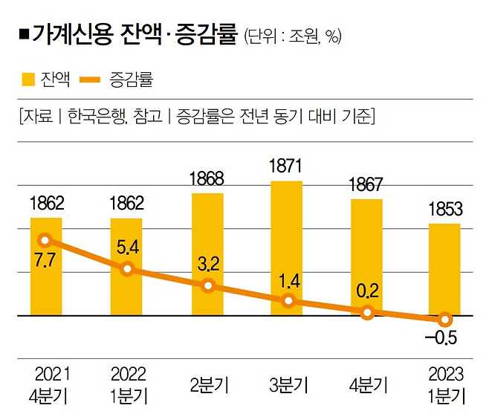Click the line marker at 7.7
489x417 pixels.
click(45, 240)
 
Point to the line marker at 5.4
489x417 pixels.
click(127, 268)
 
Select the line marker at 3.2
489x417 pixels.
click(208, 286)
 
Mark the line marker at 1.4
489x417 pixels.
click(289, 301)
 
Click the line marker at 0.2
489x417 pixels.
click(366, 313)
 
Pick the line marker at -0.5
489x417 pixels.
click(444, 320)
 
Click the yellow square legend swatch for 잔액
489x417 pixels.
click(29, 77)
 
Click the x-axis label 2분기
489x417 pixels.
click(208, 386)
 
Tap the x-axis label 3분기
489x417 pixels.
click(288, 386)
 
